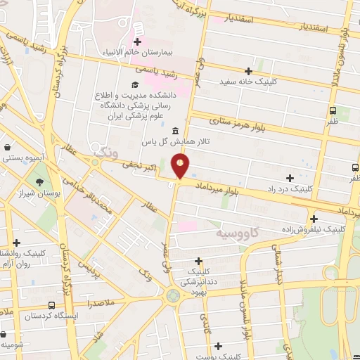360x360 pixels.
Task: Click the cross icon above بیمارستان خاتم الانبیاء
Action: (x=138, y=42)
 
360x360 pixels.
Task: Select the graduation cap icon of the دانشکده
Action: (x=135, y=85)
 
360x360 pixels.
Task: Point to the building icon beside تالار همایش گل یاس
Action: (x=175, y=131)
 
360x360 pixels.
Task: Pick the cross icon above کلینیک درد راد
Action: (x=290, y=178)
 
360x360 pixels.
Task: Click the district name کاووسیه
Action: (x=238, y=231)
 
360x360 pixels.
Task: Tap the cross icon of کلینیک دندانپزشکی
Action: (x=199, y=260)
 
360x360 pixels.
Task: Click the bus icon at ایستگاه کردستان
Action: (x=51, y=306)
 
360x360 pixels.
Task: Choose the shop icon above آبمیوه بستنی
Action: (x=7, y=148)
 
